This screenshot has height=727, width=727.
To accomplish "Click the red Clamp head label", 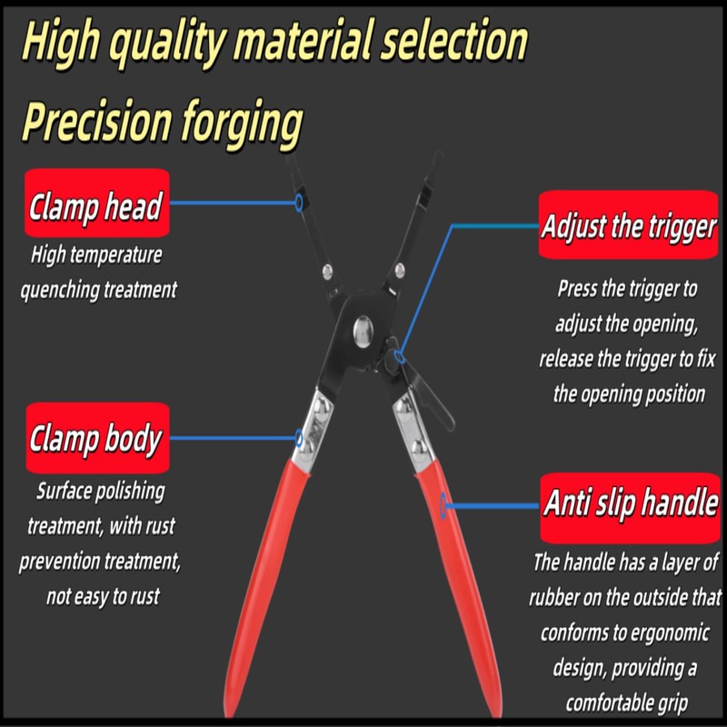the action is point(95,207).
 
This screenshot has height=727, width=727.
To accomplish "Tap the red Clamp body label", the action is point(95,440).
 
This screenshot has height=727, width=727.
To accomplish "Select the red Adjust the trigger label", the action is point(629,226).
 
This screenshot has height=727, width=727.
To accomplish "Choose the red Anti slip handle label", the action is point(630,503).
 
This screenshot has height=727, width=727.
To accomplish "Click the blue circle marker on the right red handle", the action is point(443,503).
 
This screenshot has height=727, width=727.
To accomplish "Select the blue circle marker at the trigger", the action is point(397,346).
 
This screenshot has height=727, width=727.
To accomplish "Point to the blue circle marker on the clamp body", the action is point(299,438).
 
